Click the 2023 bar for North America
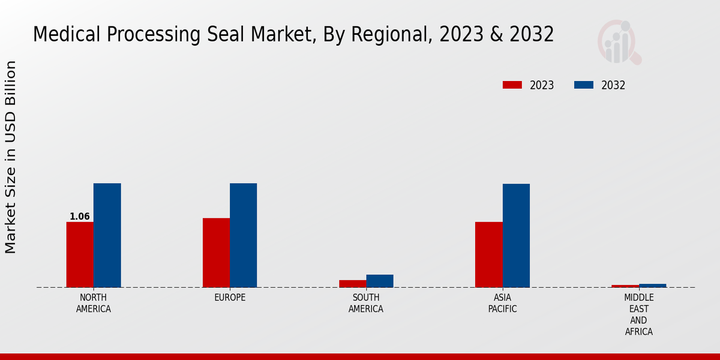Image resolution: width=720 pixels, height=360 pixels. pos(80,254)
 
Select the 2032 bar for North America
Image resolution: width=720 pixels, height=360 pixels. pos(107,235)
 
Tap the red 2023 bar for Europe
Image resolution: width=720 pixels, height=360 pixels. pos(216,253)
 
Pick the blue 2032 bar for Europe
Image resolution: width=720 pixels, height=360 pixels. pos(243,235)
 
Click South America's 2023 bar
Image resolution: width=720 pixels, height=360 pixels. pos(352,284)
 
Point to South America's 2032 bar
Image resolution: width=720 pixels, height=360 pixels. pos(380,281)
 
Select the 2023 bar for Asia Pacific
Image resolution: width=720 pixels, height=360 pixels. pos(488,254)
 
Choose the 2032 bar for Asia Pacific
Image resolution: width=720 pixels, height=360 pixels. pos(516,235)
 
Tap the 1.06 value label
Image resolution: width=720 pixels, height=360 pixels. pos(80,217)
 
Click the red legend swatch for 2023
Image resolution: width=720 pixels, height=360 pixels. pos(512,85)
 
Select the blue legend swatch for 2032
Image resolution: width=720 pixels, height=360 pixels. pos(584,85)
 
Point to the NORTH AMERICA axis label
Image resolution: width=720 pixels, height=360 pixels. pos(94,303)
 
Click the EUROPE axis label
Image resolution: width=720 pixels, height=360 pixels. pos(230,298)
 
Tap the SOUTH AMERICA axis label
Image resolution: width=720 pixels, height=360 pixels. pos(366,303)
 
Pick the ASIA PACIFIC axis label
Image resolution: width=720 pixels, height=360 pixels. pos(502,303)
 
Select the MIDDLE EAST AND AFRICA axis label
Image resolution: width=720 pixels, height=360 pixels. pos(638,314)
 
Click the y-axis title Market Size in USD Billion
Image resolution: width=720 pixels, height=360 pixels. pos(11,157)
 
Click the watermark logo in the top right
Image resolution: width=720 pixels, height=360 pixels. pos(619,42)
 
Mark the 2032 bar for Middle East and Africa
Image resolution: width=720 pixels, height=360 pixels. pos(652,286)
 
